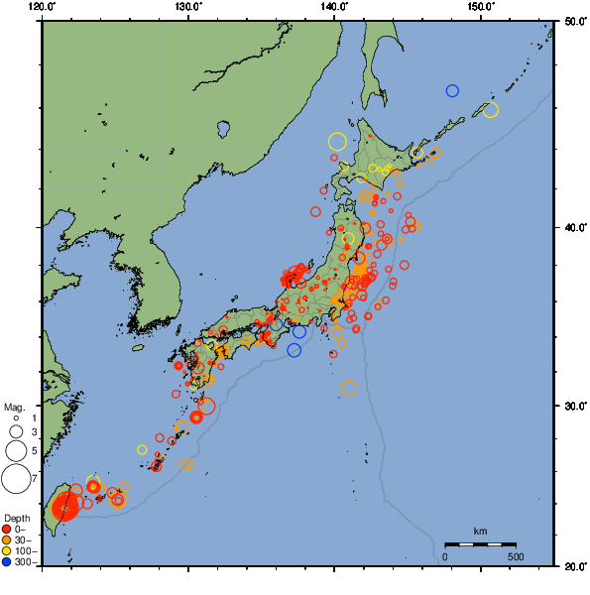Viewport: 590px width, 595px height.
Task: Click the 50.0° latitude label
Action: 573,20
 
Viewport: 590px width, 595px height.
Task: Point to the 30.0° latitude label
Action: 573,407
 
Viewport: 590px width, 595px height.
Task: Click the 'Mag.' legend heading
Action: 13,407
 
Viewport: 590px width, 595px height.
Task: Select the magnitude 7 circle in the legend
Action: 15,479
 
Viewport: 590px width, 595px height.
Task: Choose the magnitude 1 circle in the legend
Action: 15,418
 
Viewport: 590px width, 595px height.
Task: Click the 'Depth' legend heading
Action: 16,519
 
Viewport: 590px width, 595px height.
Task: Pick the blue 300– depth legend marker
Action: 8,562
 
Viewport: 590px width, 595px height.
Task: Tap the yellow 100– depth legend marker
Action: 8,550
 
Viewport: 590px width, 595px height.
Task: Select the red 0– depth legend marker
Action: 8,529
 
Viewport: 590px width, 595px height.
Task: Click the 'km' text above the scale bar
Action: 480,532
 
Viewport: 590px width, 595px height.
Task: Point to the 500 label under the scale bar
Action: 516,556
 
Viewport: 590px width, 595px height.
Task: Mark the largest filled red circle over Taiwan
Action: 64,507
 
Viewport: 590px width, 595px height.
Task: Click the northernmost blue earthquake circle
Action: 452,90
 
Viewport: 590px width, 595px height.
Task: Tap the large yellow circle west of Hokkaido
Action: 337,142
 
